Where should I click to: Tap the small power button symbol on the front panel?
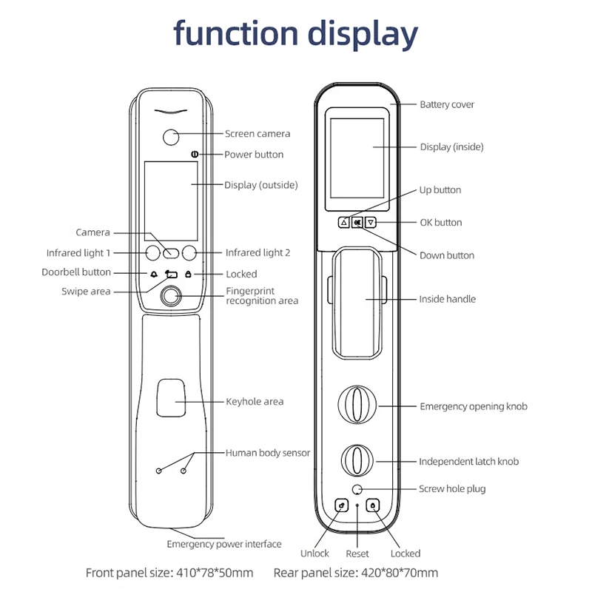194,155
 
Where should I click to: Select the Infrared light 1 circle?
153,252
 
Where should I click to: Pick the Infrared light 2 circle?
190,252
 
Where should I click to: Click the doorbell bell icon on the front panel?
154,274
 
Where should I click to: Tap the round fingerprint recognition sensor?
172,297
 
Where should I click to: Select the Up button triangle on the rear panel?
344,222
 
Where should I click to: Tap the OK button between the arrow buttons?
357,222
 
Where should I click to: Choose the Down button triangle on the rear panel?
371,222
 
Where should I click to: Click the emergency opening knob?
357,406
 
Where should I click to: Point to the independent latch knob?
357,461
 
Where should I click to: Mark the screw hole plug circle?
357,489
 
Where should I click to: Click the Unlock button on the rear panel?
341,506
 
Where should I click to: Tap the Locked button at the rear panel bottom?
374,506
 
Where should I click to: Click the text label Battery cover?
447,104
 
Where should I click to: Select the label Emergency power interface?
223,544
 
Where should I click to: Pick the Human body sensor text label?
268,453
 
